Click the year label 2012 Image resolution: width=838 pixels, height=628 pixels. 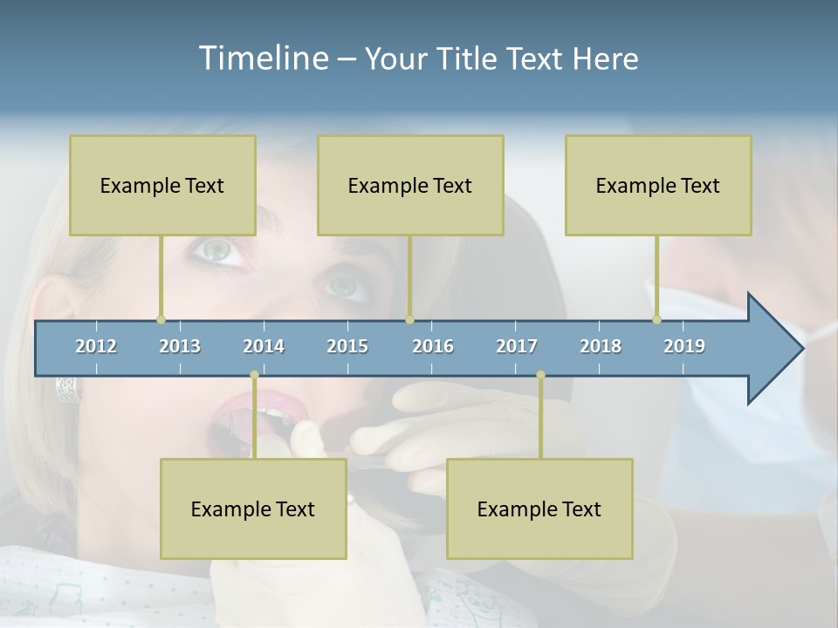click(96, 346)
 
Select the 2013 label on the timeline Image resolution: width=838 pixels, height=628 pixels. click(180, 346)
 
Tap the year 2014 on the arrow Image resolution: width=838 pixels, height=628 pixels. click(264, 346)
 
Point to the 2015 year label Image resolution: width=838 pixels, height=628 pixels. click(347, 346)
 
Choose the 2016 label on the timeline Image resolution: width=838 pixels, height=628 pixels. click(433, 346)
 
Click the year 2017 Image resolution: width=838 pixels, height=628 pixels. click(517, 346)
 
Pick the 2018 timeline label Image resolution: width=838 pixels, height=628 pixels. click(601, 346)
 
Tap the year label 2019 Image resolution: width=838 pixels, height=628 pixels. click(684, 346)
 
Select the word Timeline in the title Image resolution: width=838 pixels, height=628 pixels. click(261, 58)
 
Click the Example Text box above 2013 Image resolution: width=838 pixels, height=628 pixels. click(162, 185)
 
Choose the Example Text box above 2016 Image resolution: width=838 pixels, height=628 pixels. click(410, 185)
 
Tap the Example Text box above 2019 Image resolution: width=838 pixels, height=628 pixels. click(658, 185)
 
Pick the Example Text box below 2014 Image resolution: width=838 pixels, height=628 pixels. click(253, 509)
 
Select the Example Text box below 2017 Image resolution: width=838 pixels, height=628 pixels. click(539, 509)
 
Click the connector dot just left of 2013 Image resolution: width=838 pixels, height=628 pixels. click(161, 320)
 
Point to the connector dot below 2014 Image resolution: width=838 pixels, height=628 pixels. click(254, 375)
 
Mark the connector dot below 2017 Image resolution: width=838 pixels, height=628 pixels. click(540, 375)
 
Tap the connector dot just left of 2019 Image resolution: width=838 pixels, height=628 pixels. click(657, 320)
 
